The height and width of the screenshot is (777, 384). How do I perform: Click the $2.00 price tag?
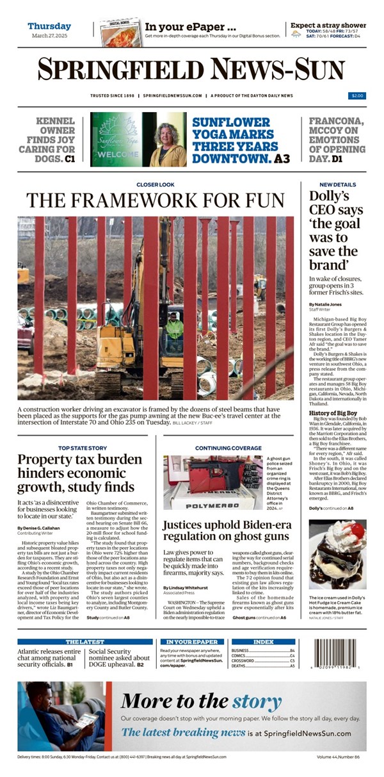pos(357,95)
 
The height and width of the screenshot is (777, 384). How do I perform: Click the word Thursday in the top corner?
pos(49,26)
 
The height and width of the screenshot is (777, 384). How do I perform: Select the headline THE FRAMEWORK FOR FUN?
pos(155,200)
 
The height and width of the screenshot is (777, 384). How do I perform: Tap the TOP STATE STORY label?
pos(83,448)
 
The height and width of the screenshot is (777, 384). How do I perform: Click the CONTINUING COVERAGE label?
pos(228,448)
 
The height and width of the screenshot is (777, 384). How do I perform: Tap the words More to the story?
pos(200,703)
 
